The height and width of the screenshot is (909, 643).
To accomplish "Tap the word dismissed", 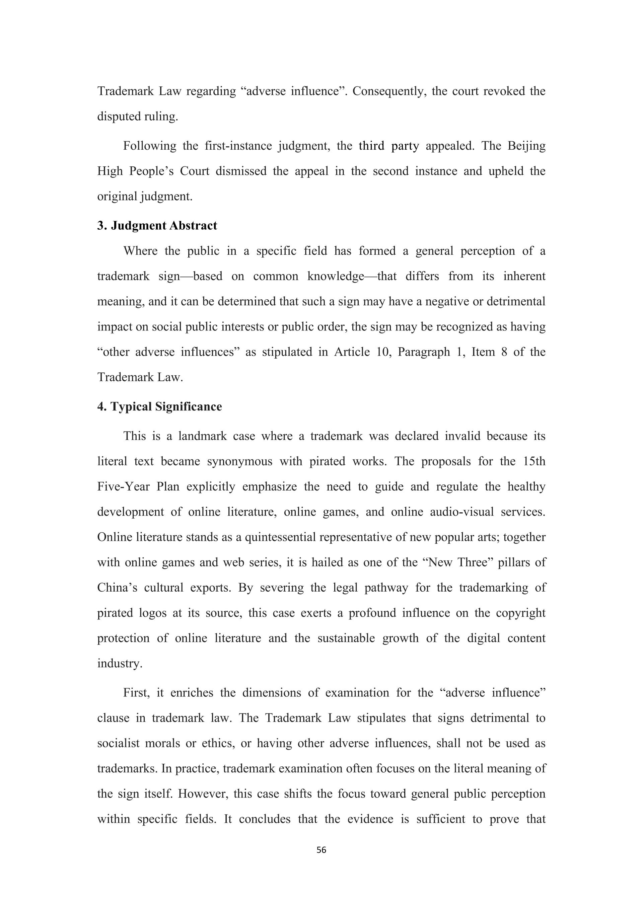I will [x=241, y=171].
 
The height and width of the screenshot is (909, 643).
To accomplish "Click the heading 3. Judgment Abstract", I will [x=157, y=226].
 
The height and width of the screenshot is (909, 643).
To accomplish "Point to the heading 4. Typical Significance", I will [x=159, y=406].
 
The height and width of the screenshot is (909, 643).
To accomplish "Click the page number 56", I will [x=321, y=850].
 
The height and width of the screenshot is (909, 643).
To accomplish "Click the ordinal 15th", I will [x=534, y=462].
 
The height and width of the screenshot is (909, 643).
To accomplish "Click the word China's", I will [x=117, y=588].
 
